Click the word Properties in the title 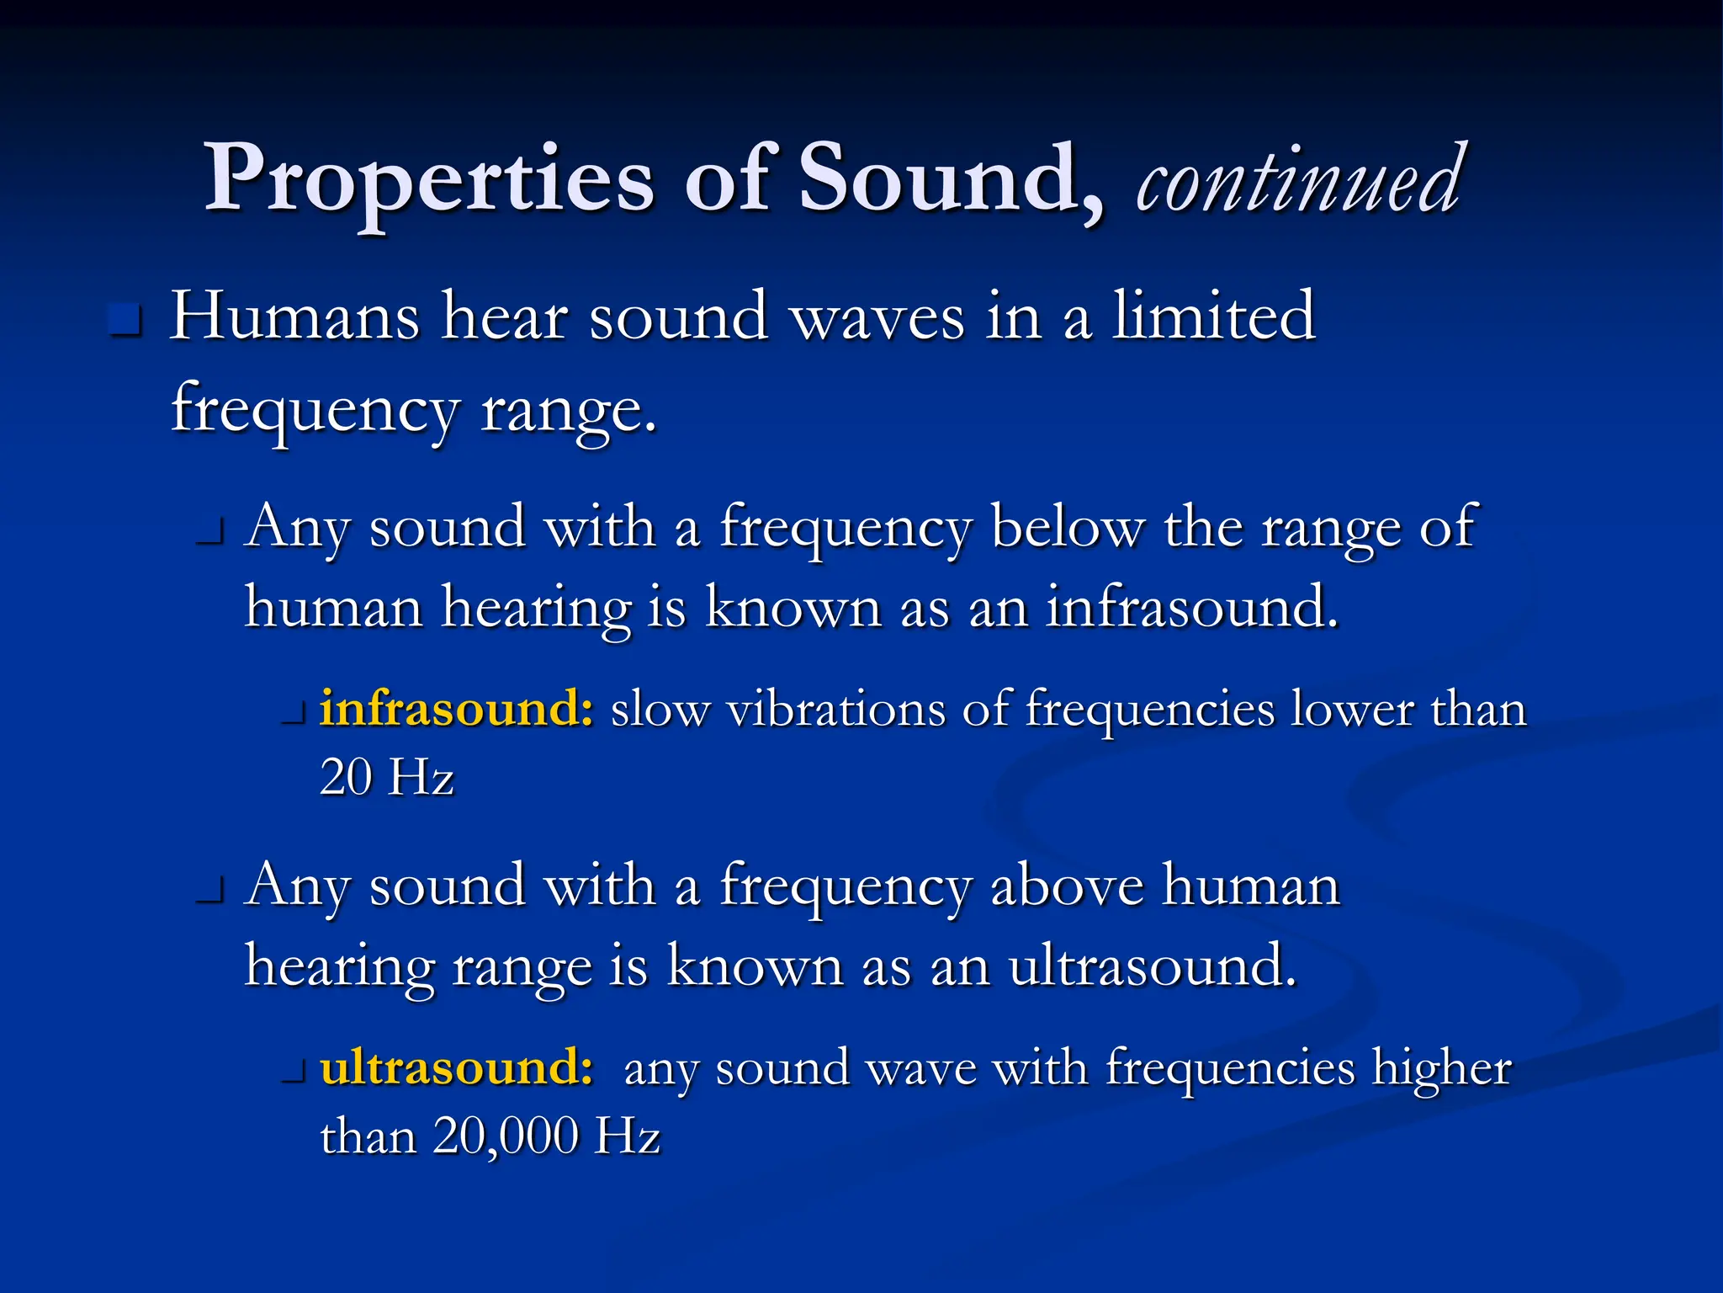pyautogui.click(x=429, y=180)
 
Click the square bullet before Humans pyautogui.click(x=125, y=320)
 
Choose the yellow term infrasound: pyautogui.click(x=457, y=709)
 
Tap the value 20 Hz pyautogui.click(x=387, y=777)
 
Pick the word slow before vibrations pyautogui.click(x=660, y=710)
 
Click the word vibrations pyautogui.click(x=836, y=710)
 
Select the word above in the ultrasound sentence pyautogui.click(x=1067, y=886)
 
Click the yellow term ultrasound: pyautogui.click(x=457, y=1067)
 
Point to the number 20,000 pyautogui.click(x=506, y=1136)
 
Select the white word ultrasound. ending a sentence pyautogui.click(x=1152, y=966)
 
